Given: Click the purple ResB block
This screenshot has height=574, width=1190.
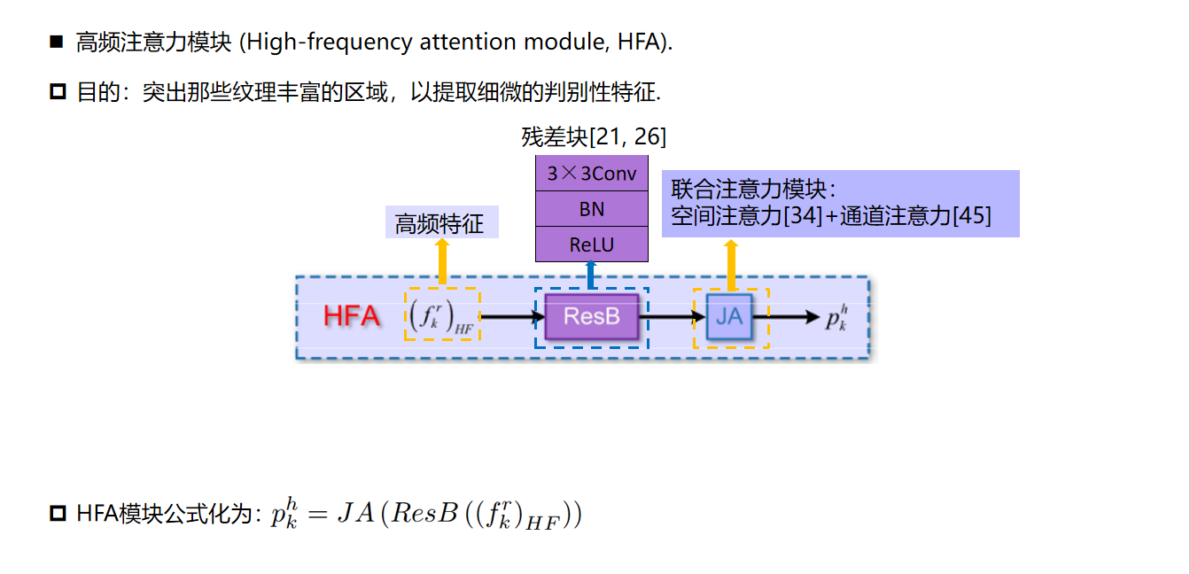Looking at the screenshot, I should click(x=591, y=317).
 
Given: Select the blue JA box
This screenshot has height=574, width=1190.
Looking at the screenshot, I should click(x=729, y=317).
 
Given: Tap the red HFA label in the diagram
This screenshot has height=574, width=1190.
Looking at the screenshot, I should click(x=352, y=316).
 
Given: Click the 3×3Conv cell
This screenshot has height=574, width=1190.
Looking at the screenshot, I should click(x=591, y=174).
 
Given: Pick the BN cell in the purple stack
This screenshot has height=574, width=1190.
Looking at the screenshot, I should click(x=591, y=209).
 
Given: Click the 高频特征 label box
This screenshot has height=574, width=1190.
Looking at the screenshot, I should click(x=440, y=223).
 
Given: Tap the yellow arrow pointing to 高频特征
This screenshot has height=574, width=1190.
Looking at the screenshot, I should click(x=442, y=262).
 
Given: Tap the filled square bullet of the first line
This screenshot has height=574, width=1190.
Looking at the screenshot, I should click(x=58, y=42).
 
